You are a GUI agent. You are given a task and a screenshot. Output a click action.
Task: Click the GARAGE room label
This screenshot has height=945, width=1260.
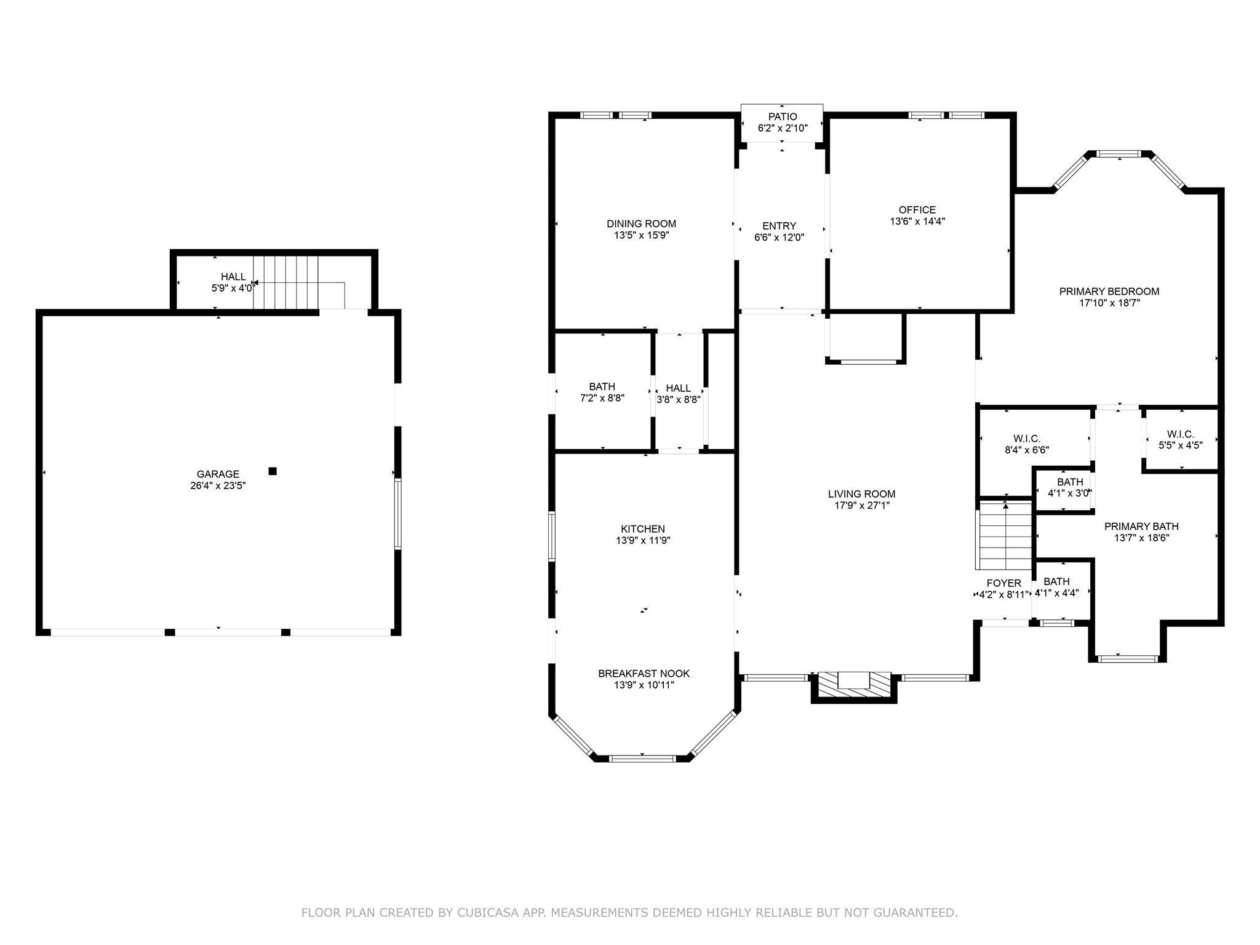pos(218,474)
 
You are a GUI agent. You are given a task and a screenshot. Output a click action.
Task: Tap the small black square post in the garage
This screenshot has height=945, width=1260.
pos(273,471)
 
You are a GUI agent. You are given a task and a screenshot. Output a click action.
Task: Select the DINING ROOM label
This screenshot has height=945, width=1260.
pos(641,224)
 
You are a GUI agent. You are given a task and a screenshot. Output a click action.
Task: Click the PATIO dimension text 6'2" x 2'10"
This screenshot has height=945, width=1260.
pos(782,128)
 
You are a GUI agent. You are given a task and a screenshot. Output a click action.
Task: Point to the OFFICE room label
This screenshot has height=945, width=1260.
pos(917,210)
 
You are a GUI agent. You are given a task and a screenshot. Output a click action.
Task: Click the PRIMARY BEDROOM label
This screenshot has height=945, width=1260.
pos(1109,292)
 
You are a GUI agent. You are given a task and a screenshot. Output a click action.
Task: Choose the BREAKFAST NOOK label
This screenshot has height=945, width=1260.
pos(644,674)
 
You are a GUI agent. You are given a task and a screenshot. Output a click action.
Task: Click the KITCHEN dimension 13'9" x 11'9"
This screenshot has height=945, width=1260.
pos(643,541)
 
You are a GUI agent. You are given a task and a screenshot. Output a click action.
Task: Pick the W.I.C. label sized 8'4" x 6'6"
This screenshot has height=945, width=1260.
pos(1026,439)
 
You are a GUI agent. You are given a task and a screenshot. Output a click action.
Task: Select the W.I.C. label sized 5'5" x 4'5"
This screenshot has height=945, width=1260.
pos(1180,434)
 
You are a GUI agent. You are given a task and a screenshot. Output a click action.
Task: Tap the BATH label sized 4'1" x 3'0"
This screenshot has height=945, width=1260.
pos(1070,482)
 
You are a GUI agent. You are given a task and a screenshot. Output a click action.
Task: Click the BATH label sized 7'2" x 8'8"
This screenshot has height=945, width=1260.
pos(602,387)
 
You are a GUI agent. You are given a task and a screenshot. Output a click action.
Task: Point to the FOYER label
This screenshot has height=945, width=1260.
pos(1003,583)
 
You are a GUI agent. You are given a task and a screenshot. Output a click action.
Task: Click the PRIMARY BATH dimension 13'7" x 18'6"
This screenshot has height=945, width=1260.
pos(1141,538)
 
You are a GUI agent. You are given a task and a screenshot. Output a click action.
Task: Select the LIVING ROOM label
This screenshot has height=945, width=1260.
pos(861,494)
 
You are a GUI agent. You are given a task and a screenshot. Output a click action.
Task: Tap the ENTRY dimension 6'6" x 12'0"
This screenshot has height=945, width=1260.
pos(779,237)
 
